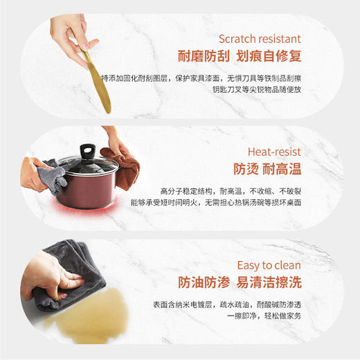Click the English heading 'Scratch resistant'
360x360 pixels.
[260, 39]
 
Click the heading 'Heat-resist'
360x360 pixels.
[274, 152]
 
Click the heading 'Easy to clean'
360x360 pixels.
[269, 265]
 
